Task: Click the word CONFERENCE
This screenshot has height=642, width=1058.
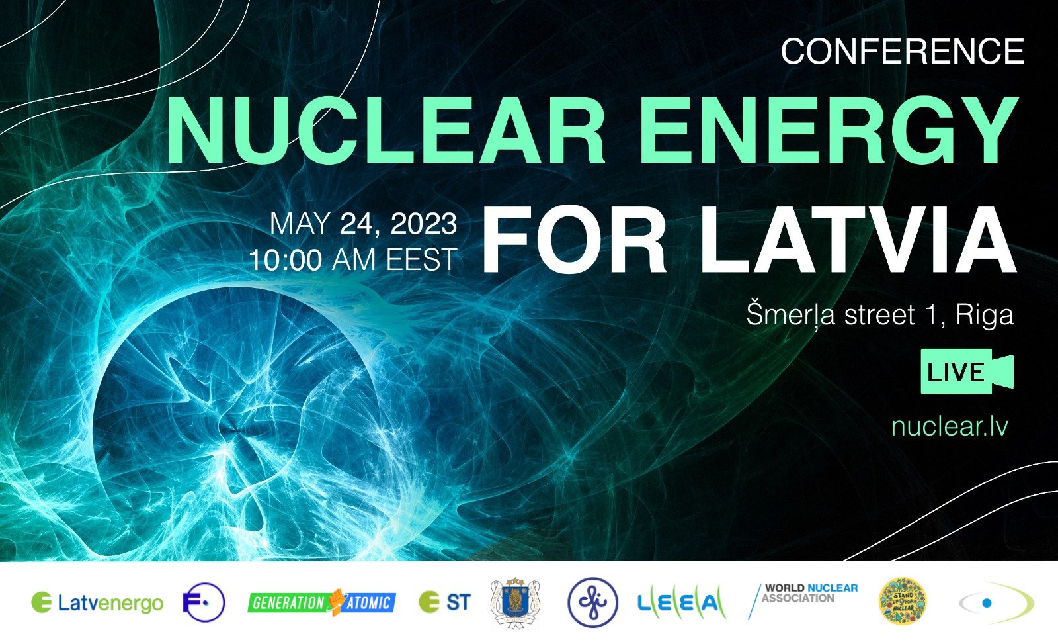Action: coord(902,52)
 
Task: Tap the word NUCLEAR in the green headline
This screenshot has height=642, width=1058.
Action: coord(386,131)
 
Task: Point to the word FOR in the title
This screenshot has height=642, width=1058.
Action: coord(574,240)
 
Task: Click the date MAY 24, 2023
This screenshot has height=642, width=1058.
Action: coord(363,224)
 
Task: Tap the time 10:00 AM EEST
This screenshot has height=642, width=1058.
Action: coord(353,260)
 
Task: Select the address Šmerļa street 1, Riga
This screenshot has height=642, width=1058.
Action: coord(879,314)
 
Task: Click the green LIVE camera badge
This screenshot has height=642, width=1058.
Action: coord(966,371)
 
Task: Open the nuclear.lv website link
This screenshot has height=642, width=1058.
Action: coord(950,426)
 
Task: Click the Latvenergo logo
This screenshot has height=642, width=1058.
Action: coord(97,603)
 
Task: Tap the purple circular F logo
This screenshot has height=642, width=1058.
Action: coord(204,602)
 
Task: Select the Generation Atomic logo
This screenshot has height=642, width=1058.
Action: coord(322,602)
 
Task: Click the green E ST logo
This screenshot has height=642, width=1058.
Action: coord(445,602)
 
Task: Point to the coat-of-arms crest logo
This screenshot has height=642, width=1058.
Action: coord(516,602)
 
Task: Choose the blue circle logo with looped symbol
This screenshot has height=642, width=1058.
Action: coord(592,602)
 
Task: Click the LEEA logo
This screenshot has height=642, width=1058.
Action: coord(681,602)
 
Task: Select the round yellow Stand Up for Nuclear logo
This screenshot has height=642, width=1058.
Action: coord(902,602)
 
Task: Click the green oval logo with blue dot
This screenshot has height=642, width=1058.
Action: coord(996,603)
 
